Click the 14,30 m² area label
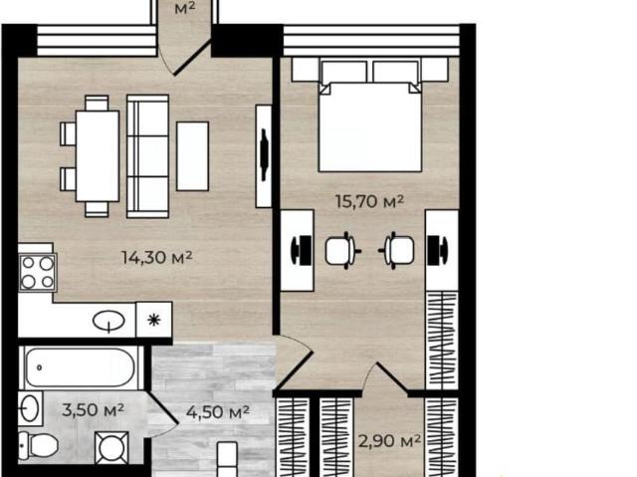point(157,257)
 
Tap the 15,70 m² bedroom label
point(369,201)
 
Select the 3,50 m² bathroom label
point(93,410)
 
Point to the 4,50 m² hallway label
point(218,412)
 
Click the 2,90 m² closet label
point(389,441)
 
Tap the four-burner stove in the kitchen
point(38,272)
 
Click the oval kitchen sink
point(108,321)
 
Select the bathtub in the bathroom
point(80,367)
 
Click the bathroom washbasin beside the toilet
point(30,408)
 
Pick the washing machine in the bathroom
point(111,448)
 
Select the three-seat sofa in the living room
point(147,156)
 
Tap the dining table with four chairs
point(97,156)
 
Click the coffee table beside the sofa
point(192,156)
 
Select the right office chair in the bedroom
point(397,251)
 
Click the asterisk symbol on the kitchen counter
point(154,320)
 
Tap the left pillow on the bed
point(344,73)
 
